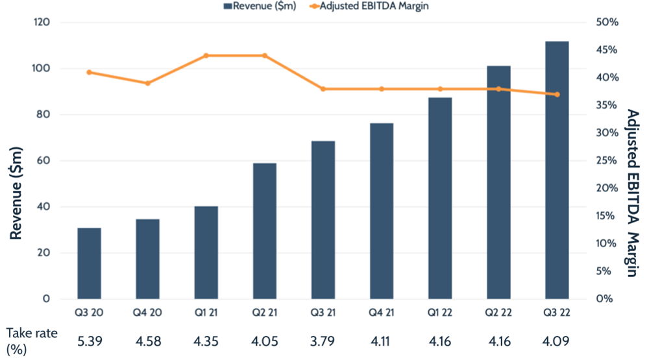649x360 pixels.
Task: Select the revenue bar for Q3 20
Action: (x=89, y=263)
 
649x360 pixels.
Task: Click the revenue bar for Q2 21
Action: (x=264, y=231)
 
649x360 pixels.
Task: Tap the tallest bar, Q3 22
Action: (x=557, y=170)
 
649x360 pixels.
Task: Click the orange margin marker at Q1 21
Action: (x=206, y=56)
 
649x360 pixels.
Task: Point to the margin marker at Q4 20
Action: (x=147, y=83)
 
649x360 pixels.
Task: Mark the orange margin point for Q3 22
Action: (x=557, y=95)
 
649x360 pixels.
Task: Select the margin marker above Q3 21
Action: (x=323, y=89)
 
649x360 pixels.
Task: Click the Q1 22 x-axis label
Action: (x=440, y=313)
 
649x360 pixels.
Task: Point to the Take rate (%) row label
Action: (x=31, y=341)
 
